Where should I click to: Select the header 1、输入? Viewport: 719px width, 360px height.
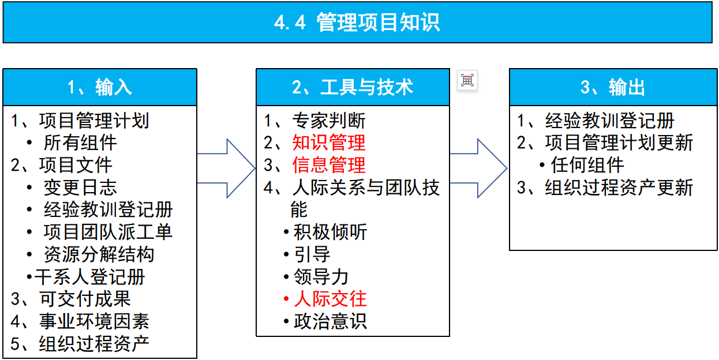point(99,87)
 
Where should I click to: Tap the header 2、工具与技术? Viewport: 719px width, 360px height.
point(353,87)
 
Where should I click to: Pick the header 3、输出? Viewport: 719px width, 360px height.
point(613,87)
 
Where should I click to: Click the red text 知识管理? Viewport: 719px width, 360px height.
point(329,142)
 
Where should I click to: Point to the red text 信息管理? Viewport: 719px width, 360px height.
point(329,165)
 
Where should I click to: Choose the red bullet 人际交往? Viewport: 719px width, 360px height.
point(330,299)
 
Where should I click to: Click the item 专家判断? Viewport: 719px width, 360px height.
point(329,121)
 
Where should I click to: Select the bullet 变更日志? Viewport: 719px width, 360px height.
point(80,187)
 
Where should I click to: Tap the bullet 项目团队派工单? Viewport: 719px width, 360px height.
point(108,232)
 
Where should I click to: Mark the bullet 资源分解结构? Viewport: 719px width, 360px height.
point(99,254)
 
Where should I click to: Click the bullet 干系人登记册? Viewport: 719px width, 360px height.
point(89,277)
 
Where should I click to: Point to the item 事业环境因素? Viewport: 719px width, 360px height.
point(94,321)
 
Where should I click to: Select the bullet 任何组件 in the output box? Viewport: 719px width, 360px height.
point(587,165)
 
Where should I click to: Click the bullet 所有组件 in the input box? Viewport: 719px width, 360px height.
point(80,142)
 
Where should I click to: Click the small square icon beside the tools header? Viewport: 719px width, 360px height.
point(467,81)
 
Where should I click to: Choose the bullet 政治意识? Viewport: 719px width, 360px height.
point(330,321)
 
